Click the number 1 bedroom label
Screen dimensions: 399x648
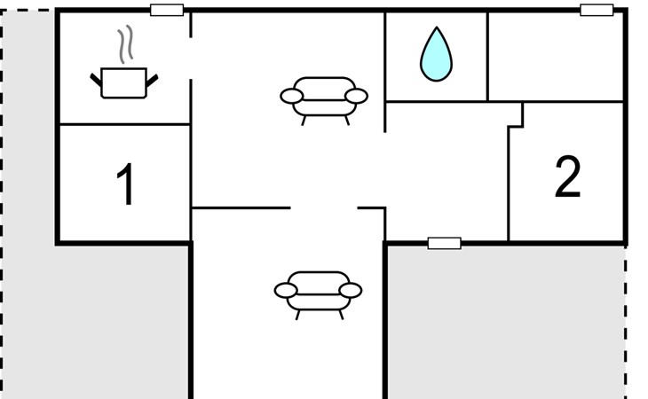[126, 184]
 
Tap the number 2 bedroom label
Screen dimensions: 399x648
[567, 177]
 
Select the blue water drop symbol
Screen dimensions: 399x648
[435, 54]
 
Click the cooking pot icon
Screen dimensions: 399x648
[123, 82]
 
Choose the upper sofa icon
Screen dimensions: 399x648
[323, 97]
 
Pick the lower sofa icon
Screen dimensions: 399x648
[318, 290]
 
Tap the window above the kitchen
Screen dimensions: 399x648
[167, 11]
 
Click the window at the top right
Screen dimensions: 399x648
[597, 11]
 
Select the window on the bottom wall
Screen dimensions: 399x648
[444, 243]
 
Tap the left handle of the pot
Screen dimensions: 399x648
[96, 81]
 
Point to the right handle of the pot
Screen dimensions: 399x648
[153, 80]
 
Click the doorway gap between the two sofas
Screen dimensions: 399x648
[324, 208]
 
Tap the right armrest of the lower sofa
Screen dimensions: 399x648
[352, 290]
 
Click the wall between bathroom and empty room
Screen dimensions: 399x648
[487, 56]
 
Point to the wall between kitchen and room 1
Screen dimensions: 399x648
[124, 125]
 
